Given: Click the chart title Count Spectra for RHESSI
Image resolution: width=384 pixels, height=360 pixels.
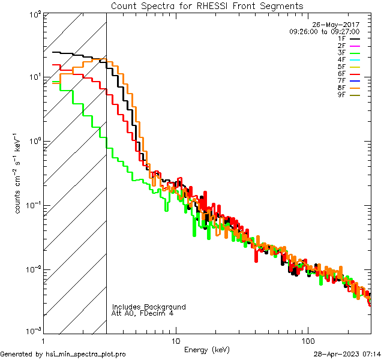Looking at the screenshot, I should (x=207, y=5).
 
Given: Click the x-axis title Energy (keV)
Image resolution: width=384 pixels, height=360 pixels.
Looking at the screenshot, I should (x=207, y=349).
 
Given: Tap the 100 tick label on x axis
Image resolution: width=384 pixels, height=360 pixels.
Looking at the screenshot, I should (x=307, y=340).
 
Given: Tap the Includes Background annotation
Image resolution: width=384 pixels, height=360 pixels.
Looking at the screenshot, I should (x=149, y=307).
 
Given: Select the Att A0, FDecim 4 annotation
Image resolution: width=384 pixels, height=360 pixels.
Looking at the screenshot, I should (x=142, y=313).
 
